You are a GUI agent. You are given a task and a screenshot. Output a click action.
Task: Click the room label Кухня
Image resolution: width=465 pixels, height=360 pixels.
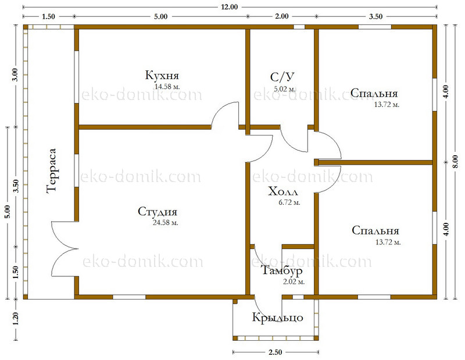point(162,76)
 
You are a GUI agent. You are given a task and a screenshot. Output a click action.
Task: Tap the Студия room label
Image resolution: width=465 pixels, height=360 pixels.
point(158,212)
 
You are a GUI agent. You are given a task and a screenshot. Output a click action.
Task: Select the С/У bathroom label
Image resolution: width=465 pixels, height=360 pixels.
point(282,77)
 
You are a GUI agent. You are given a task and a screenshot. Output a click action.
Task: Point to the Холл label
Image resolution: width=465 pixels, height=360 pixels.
point(283,191)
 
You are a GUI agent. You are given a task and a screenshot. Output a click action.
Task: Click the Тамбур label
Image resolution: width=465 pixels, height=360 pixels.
point(282,270)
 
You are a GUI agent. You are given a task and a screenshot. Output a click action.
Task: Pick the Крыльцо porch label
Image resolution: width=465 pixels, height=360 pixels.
point(278,318)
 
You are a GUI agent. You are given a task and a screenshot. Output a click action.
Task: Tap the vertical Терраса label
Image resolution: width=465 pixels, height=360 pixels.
point(51,171)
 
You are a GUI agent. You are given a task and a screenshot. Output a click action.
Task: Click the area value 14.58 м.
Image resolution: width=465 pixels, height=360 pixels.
point(167,87)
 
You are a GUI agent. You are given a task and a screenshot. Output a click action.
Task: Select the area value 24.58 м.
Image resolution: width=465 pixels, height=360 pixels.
point(166,223)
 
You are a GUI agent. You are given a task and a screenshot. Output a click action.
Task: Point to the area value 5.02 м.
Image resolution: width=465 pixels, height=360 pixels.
point(285,89)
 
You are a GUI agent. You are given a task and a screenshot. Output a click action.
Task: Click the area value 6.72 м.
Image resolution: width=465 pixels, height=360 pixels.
point(289,203)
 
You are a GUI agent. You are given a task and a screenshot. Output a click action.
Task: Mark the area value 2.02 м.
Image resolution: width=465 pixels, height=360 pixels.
point(294,281)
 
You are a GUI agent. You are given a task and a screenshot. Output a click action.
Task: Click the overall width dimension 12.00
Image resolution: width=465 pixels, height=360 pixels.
point(229,7)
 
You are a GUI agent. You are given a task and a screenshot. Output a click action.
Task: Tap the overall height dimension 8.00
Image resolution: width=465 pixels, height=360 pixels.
point(456,162)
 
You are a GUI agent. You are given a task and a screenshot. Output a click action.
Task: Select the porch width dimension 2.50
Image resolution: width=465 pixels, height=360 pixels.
point(275,352)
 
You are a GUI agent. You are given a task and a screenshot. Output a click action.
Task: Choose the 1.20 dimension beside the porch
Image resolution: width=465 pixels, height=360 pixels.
point(16,319)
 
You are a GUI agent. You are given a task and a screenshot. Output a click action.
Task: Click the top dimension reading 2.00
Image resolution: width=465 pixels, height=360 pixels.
point(282,16)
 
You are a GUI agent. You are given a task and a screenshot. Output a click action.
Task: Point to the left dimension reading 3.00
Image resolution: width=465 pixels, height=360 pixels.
point(16,75)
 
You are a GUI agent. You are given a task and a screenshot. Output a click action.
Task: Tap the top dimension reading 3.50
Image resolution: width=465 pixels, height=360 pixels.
point(375,16)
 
